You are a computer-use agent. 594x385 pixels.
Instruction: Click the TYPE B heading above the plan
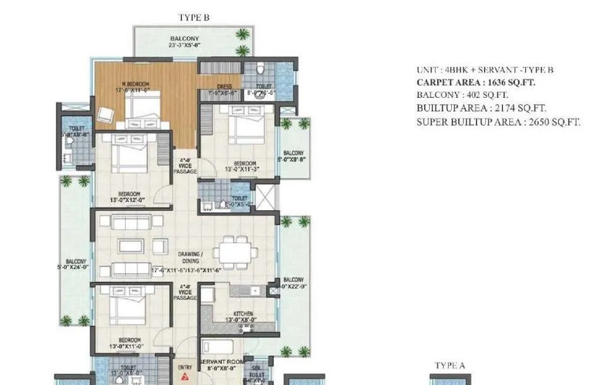[x=195, y=18]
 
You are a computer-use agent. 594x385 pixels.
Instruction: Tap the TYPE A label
[x=449, y=365]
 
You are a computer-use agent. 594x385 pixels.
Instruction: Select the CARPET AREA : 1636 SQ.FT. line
[x=477, y=82]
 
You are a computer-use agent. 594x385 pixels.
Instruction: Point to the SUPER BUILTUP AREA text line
[x=498, y=122]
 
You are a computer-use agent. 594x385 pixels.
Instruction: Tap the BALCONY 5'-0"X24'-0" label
[x=75, y=264]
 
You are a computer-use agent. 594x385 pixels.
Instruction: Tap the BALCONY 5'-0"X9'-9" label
[x=293, y=157]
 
